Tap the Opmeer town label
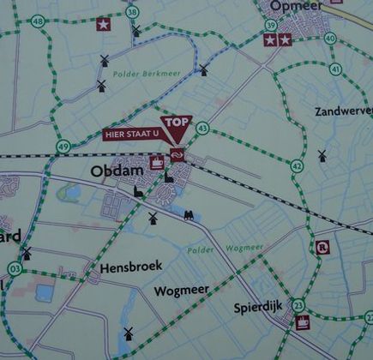click(295, 7)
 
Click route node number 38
click(131, 12)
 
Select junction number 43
click(202, 129)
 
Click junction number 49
click(63, 147)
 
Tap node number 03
click(14, 269)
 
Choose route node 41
click(334, 69)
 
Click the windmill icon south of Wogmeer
click(129, 333)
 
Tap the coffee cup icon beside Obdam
click(157, 161)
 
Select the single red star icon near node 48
click(103, 24)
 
